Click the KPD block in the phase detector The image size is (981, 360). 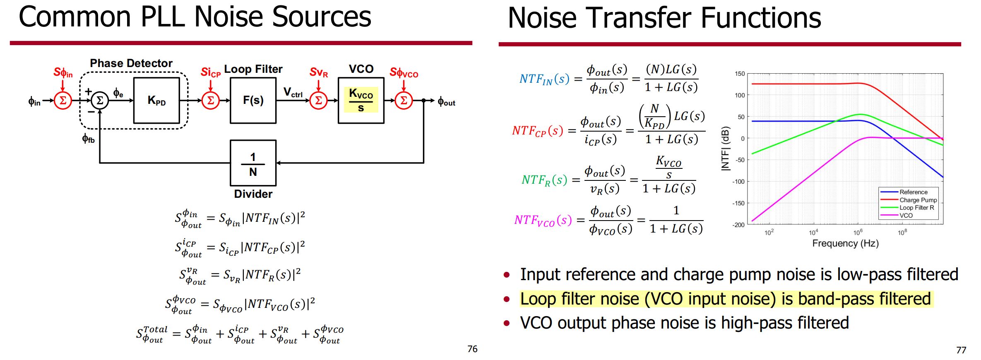(156, 100)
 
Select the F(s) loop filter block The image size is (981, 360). (253, 100)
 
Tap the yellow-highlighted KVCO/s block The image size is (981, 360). (361, 100)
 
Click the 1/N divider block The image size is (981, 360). (253, 163)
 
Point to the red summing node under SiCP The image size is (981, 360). (211, 100)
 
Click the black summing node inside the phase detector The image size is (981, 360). (100, 100)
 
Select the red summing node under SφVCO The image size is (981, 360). (404, 100)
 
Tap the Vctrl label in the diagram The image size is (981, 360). (293, 92)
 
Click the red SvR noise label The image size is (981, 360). (319, 72)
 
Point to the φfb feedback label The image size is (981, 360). (88, 139)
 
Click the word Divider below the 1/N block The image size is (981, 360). (253, 194)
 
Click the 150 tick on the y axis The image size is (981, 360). (740, 74)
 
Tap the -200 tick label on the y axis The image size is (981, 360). (738, 225)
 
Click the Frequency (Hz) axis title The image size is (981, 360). (845, 243)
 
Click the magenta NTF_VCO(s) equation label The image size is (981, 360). (543, 220)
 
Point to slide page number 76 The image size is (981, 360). (472, 349)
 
